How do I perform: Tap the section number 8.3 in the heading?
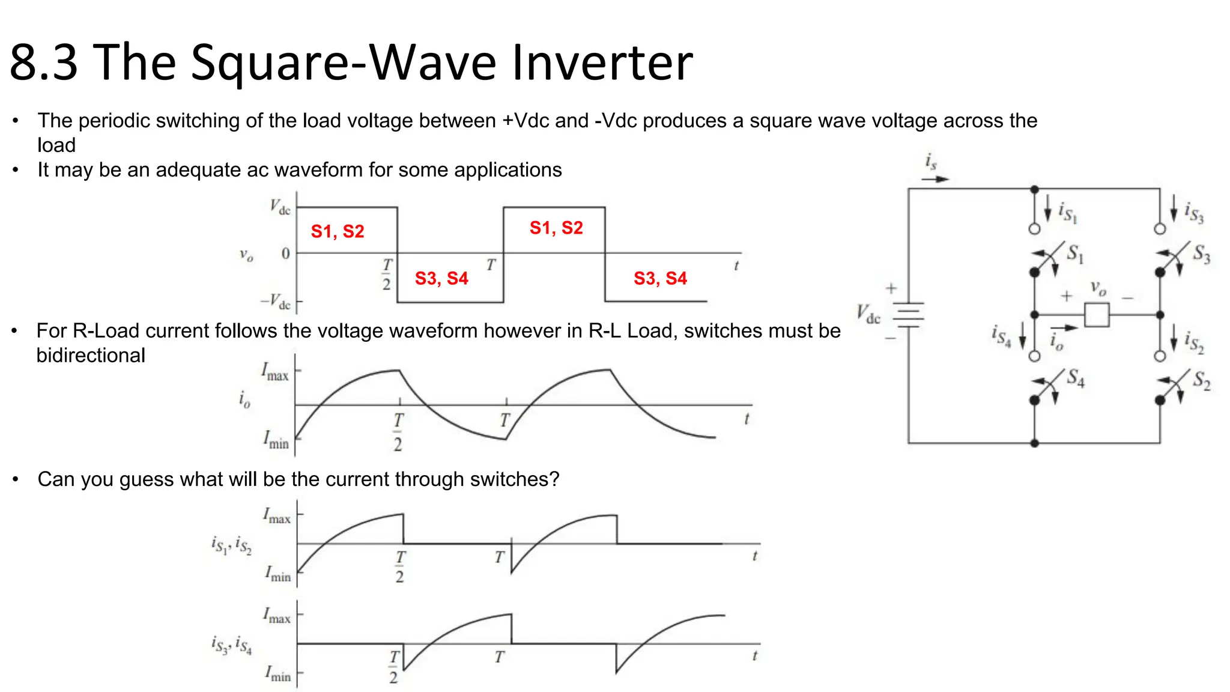pyautogui.click(x=44, y=62)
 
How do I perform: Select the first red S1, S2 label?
pyautogui.click(x=338, y=231)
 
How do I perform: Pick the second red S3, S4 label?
pyautogui.click(x=660, y=278)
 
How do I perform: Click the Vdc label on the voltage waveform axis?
pyautogui.click(x=280, y=207)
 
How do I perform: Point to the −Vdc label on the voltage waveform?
pyautogui.click(x=276, y=301)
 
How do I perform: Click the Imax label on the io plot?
pyautogui.click(x=275, y=371)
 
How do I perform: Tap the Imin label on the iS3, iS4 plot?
pyautogui.click(x=278, y=673)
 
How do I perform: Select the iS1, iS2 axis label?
pyautogui.click(x=232, y=545)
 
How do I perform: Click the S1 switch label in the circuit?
pyautogui.click(x=1075, y=253)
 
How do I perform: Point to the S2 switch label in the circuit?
pyautogui.click(x=1201, y=380)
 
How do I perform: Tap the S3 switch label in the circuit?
pyautogui.click(x=1201, y=253)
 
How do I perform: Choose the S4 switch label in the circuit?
pyautogui.click(x=1075, y=378)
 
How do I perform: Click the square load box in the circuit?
pyautogui.click(x=1097, y=315)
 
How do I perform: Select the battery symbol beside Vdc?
pyautogui.click(x=909, y=314)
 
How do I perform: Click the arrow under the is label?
pyautogui.click(x=935, y=179)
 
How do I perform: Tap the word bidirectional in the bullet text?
pyautogui.click(x=91, y=356)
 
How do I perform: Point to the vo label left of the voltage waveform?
pyautogui.click(x=246, y=255)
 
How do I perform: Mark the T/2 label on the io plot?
pyautogui.click(x=398, y=431)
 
